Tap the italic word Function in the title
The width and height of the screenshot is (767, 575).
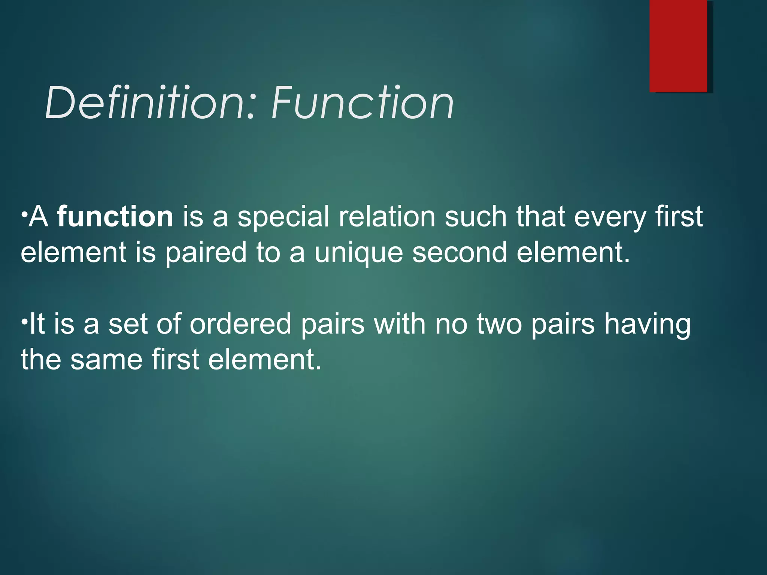pos(363,103)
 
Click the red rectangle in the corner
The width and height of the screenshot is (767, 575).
pos(678,46)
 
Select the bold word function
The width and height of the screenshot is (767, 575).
pos(115,217)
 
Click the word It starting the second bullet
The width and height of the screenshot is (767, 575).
pos(37,323)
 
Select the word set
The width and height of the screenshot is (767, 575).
pos(128,324)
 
